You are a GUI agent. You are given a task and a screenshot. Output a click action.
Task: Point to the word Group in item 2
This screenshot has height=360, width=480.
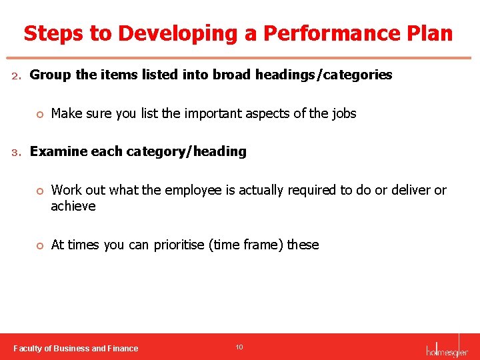51,75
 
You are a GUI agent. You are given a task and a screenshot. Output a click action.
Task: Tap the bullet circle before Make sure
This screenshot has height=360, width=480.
39,114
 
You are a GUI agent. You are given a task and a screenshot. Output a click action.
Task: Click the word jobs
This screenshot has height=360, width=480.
343,113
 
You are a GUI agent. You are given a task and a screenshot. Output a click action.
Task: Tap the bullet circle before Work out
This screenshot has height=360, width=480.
39,191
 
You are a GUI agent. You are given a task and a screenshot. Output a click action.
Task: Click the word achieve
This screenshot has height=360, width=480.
73,206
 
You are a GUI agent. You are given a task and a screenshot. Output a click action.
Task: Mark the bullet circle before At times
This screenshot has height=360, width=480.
39,245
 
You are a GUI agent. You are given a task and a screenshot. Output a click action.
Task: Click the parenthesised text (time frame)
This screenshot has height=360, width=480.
247,245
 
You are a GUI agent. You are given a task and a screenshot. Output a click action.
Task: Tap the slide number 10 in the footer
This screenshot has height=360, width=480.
239,347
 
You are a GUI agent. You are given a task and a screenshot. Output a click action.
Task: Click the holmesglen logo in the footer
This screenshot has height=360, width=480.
447,349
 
